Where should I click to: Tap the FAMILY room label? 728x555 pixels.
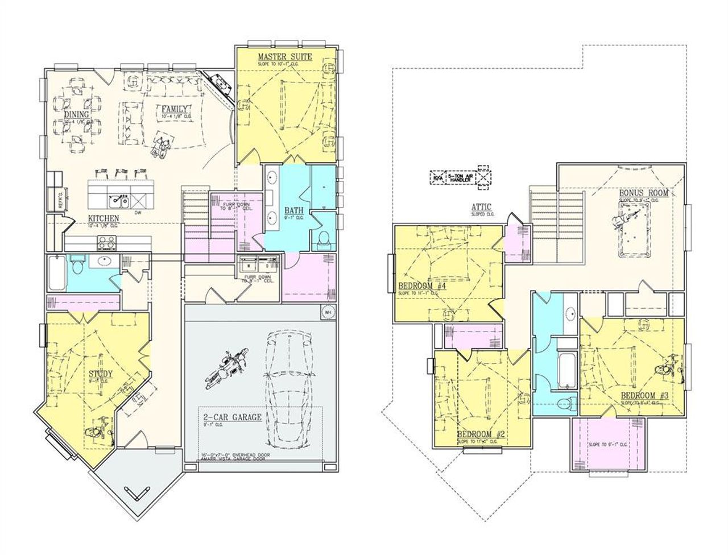click(174, 109)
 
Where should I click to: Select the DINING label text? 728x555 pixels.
click(76, 114)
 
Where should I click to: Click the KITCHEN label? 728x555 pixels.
click(104, 218)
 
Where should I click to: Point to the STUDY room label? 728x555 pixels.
click(101, 374)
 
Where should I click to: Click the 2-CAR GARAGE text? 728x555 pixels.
click(233, 417)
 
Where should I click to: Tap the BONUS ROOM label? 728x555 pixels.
click(643, 193)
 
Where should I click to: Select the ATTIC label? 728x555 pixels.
click(481, 208)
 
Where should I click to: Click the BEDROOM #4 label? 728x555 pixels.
click(421, 286)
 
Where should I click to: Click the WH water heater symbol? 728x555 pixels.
click(327, 312)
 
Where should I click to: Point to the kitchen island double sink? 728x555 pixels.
click(119, 201)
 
